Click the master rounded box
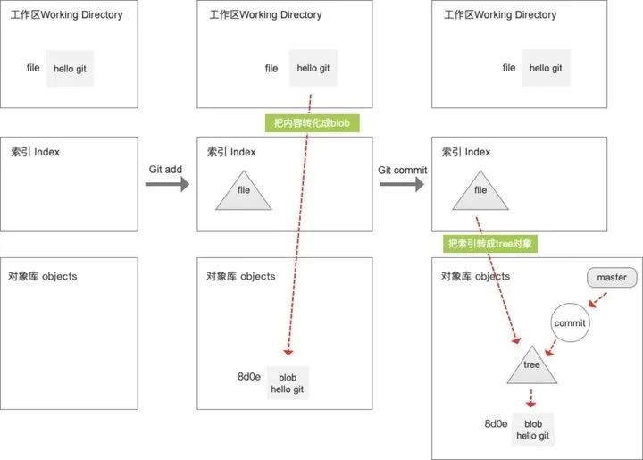coord(612,278)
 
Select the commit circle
coord(569,322)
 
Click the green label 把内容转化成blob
coord(311,124)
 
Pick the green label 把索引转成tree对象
coord(490,244)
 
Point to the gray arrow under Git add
coord(167,185)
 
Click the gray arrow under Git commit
coord(403,185)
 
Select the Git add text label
coord(166,170)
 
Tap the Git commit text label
coord(403,170)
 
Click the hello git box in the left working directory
coord(71,68)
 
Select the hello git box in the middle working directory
coord(313,68)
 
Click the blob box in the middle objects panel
coord(288,383)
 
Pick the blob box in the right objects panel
coord(533,430)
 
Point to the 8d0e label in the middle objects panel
coord(248,377)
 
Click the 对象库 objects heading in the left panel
coord(42,276)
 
